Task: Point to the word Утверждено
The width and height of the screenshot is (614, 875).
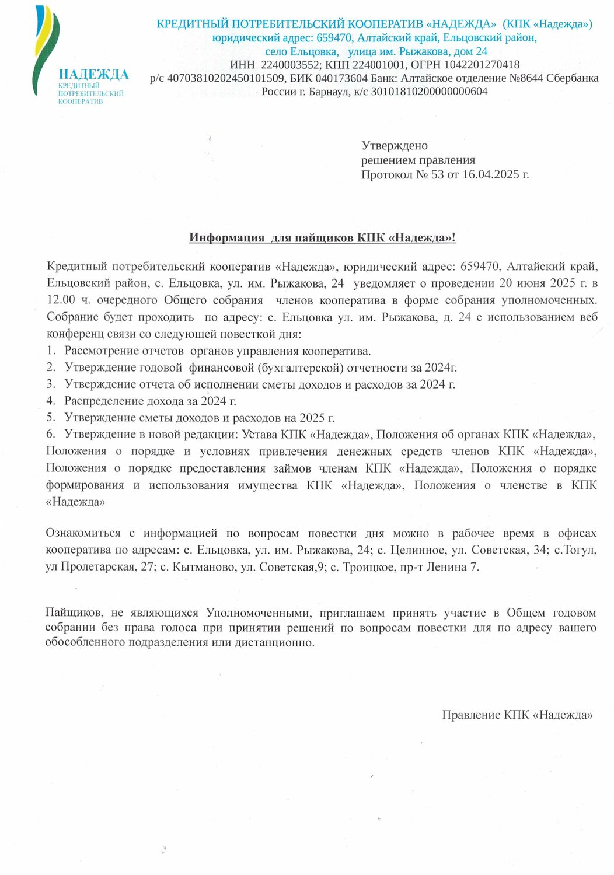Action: pos(395,146)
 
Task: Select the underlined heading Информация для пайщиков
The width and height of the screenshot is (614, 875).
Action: pos(322,237)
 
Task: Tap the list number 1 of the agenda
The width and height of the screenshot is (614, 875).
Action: pos(51,351)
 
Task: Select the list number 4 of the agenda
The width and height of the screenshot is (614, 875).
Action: pos(51,401)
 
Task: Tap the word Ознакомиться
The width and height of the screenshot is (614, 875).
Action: pos(83,533)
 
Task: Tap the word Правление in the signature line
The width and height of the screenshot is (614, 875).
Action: pos(470,715)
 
